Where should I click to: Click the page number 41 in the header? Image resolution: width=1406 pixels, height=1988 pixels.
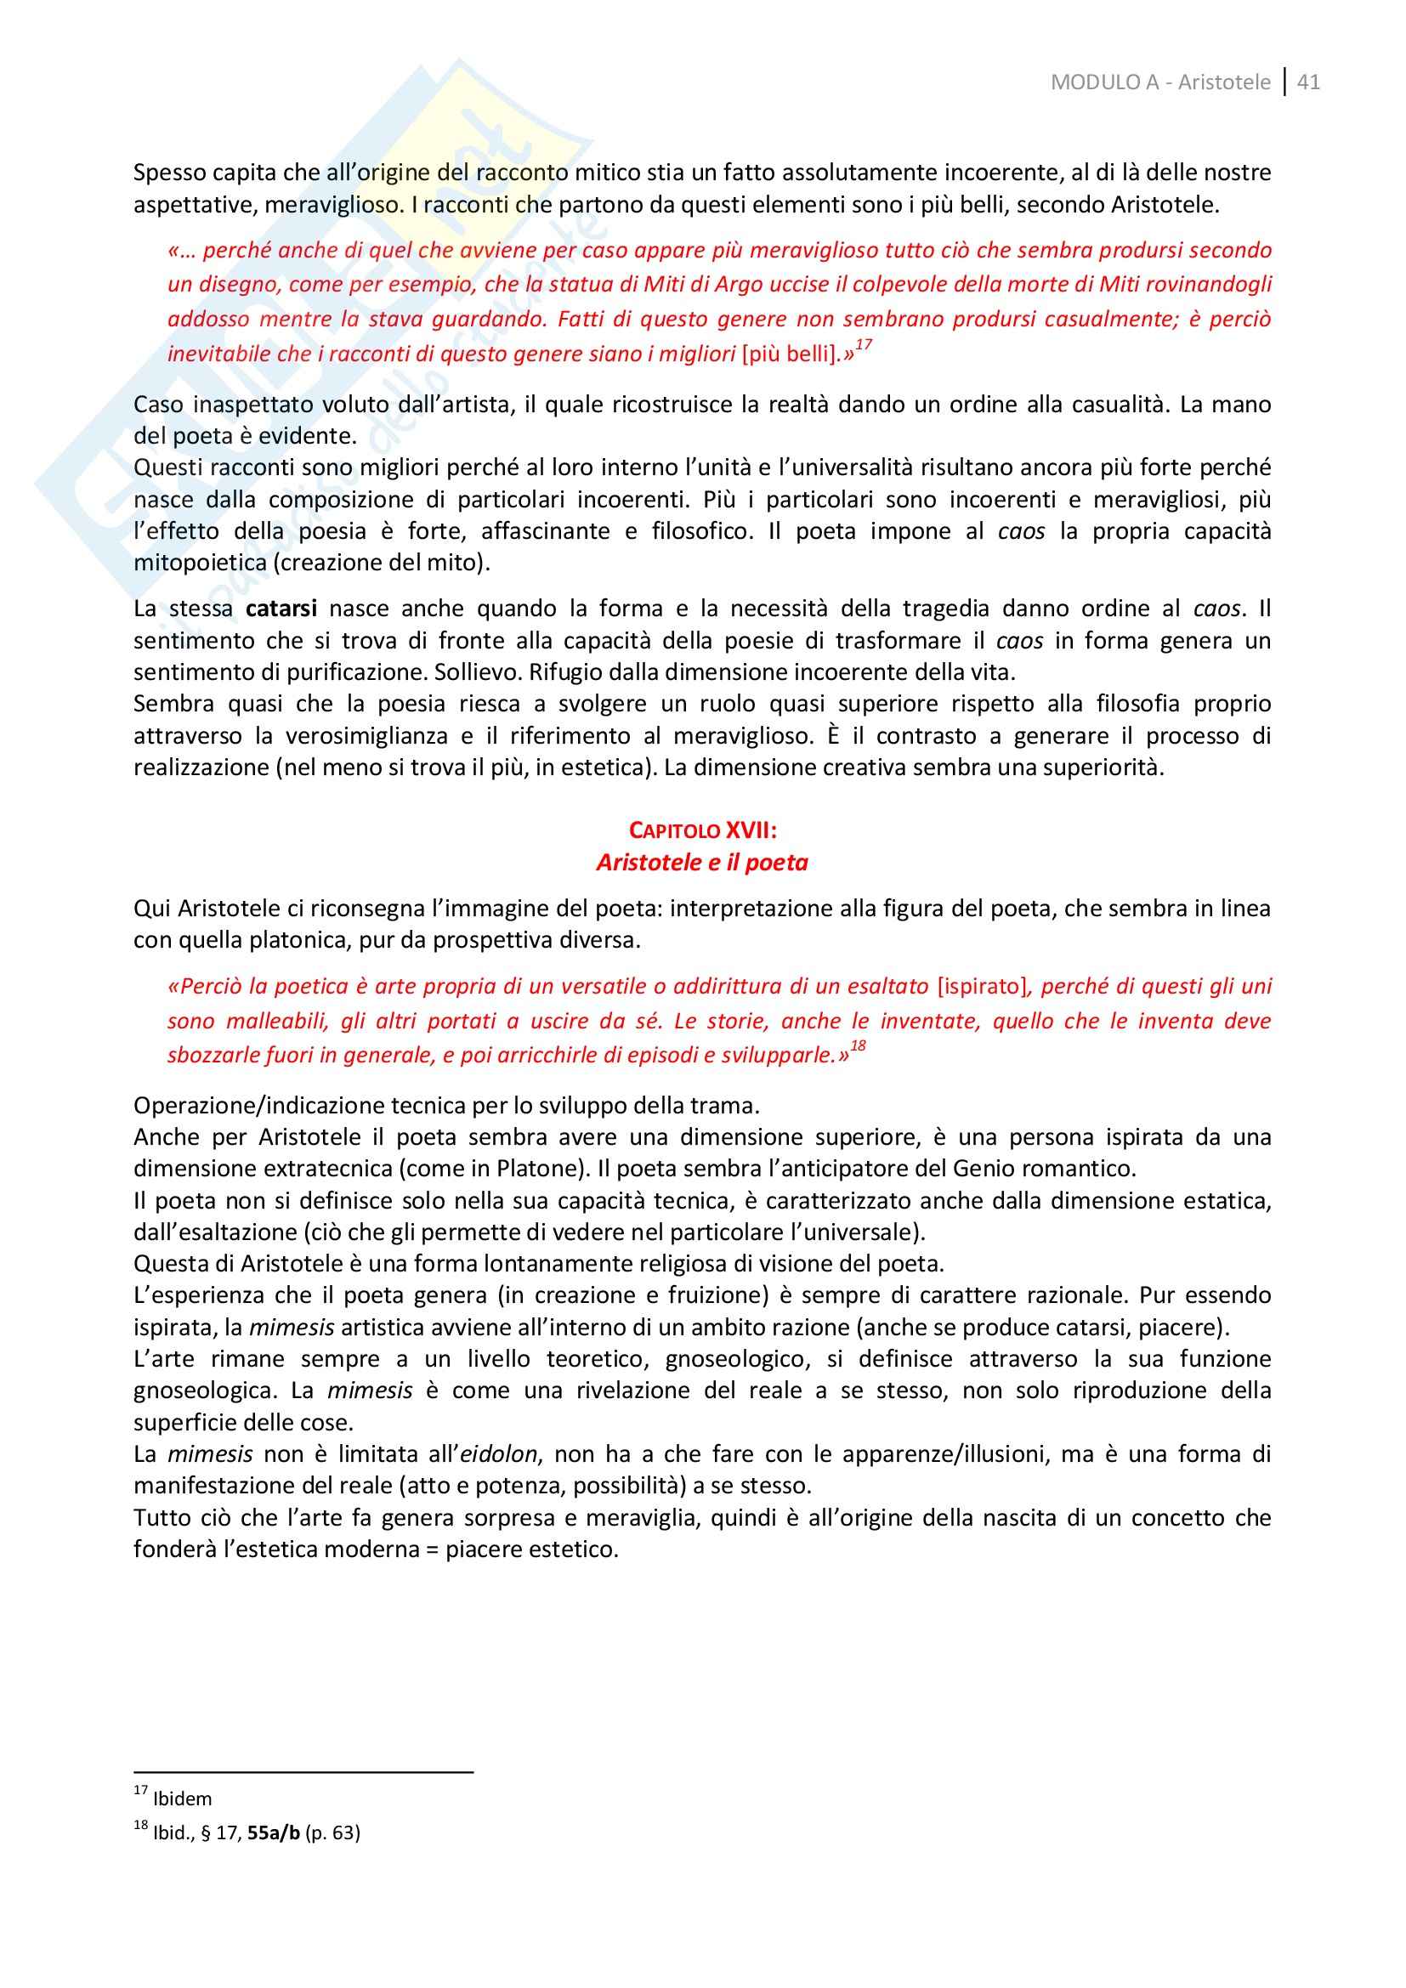click(x=1309, y=82)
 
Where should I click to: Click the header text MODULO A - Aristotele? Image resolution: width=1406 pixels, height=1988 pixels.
click(x=1160, y=82)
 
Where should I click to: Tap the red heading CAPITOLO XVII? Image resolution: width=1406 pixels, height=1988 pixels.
click(x=702, y=830)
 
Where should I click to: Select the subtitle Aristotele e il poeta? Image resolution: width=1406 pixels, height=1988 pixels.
click(x=702, y=863)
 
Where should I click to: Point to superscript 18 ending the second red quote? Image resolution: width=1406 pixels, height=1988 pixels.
click(x=857, y=1047)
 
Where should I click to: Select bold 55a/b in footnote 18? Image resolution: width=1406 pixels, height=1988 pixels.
click(x=273, y=1833)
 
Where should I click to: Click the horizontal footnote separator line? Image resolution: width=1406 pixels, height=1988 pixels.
click(x=303, y=1772)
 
